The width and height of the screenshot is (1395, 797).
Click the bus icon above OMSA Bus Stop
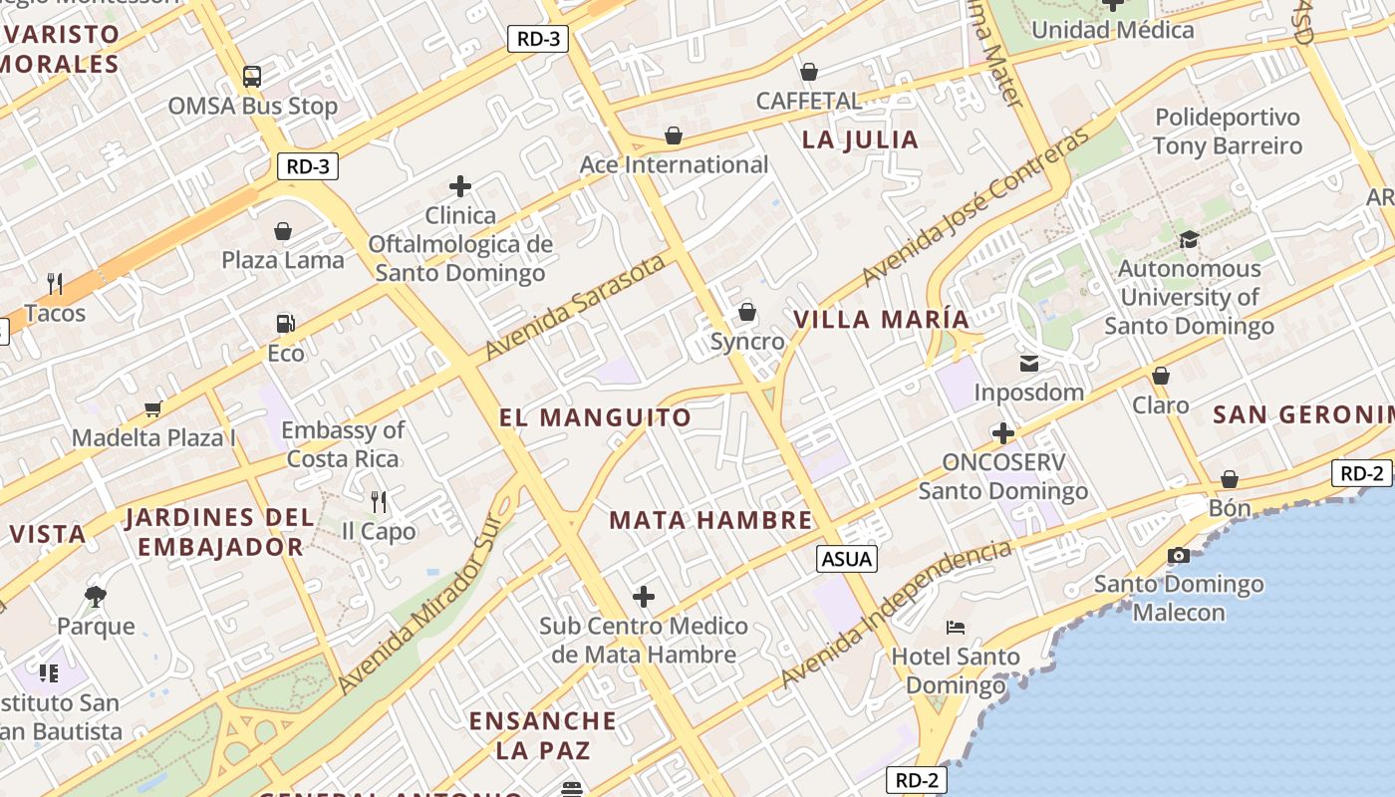click(x=252, y=77)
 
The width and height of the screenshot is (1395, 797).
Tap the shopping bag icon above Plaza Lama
click(x=283, y=232)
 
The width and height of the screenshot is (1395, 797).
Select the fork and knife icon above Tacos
click(x=55, y=285)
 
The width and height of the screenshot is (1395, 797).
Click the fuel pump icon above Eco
click(x=286, y=324)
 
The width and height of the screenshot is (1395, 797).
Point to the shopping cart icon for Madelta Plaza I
click(x=153, y=408)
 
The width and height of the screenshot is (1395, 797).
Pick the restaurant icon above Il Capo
click(x=379, y=501)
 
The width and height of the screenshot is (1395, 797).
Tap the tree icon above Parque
click(x=96, y=597)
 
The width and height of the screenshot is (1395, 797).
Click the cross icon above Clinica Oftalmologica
click(x=460, y=186)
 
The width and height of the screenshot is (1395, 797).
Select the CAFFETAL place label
click(x=808, y=101)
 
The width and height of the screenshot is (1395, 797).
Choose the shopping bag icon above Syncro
click(x=747, y=313)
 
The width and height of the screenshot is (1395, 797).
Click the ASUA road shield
click(x=847, y=559)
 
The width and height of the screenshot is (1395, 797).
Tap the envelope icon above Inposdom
click(x=1028, y=364)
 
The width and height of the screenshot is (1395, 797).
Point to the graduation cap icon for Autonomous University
click(x=1189, y=240)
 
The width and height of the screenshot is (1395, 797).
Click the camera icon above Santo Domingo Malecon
click(x=1179, y=556)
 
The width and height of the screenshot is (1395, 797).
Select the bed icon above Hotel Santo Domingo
click(x=956, y=628)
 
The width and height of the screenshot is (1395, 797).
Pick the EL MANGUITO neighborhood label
click(x=595, y=417)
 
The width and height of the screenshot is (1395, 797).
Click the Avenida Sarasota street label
click(x=575, y=307)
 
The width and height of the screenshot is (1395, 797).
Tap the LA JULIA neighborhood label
click(x=860, y=139)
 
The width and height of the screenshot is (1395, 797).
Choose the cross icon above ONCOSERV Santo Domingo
click(x=1003, y=433)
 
